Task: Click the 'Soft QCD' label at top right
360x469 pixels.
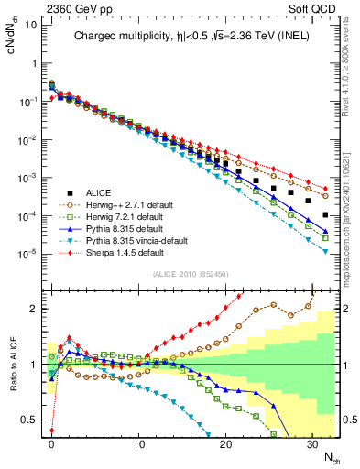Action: (316, 8)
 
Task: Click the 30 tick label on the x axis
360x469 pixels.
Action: (311, 443)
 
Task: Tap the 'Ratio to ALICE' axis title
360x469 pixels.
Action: (10, 365)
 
